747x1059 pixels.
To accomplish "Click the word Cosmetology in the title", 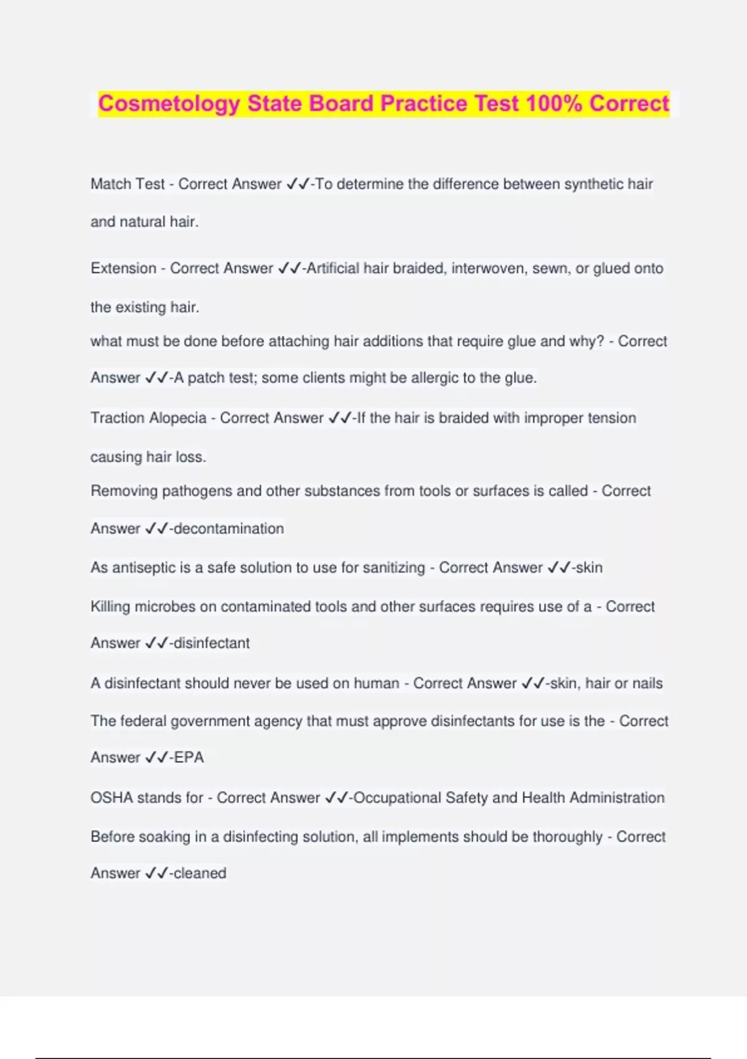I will [x=169, y=103].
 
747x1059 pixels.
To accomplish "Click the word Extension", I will [x=123, y=268].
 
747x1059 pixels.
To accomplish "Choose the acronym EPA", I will [x=189, y=757].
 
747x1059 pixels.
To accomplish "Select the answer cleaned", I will [x=200, y=873].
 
